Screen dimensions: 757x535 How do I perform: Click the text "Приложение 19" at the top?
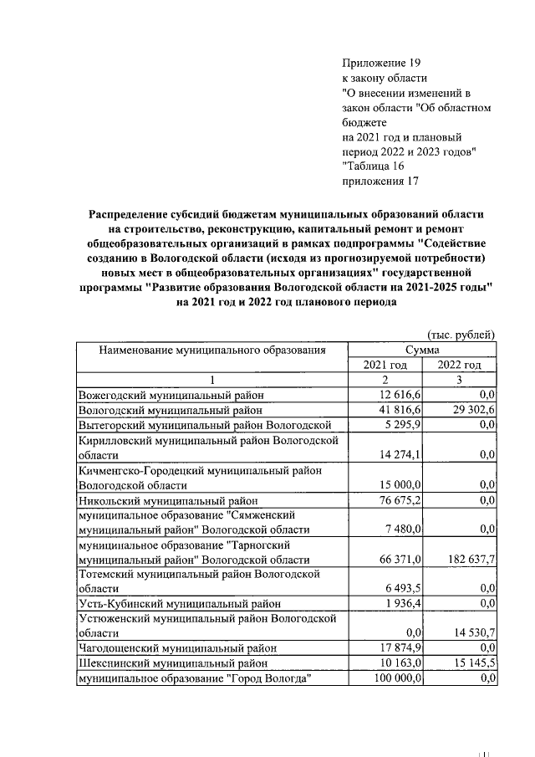pos(381,64)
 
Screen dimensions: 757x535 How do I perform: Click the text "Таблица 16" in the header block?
pos(374,166)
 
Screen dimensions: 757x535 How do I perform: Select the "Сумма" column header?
pos(422,349)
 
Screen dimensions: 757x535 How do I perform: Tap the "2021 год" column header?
pos(385,365)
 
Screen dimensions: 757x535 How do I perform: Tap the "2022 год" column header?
pos(461,365)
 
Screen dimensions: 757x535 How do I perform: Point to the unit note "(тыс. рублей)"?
pos(461,334)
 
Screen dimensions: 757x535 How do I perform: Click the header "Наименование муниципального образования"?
pos(211,349)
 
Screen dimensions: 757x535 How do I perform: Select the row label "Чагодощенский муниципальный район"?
pos(176,648)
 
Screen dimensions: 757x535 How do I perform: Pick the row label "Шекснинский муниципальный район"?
pos(172,663)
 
